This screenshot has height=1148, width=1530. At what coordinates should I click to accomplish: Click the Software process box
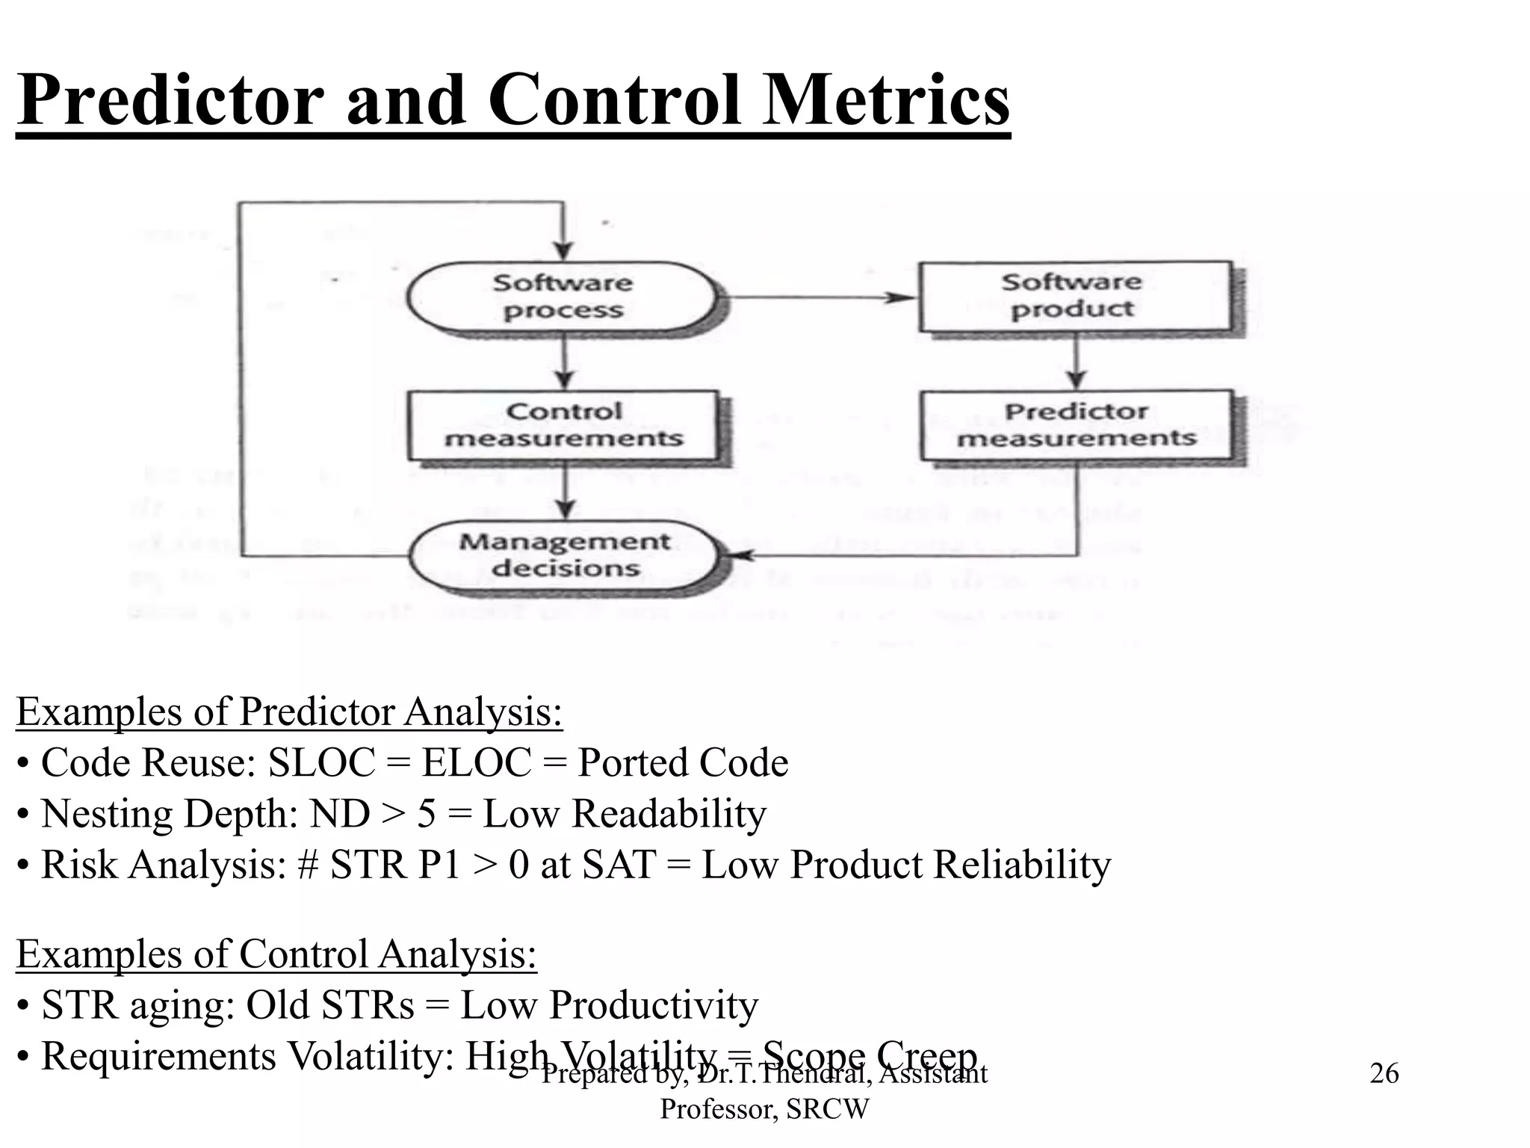[562, 297]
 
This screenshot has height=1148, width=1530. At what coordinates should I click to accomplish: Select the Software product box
[1074, 296]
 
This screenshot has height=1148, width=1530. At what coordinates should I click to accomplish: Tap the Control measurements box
[564, 425]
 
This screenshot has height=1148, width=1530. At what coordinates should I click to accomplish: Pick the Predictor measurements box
[1076, 425]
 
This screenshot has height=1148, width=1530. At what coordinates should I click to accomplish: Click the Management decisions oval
[564, 555]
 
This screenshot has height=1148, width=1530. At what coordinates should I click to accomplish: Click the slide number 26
[1384, 1073]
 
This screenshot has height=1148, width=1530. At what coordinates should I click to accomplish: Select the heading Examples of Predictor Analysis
[289, 711]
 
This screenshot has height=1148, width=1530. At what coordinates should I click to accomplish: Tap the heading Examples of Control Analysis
[276, 954]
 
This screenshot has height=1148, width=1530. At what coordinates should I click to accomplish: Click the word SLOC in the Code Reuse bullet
[321, 763]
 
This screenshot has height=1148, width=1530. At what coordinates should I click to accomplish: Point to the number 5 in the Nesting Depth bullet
[426, 814]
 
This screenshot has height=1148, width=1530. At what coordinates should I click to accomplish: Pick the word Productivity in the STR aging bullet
[654, 1005]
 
